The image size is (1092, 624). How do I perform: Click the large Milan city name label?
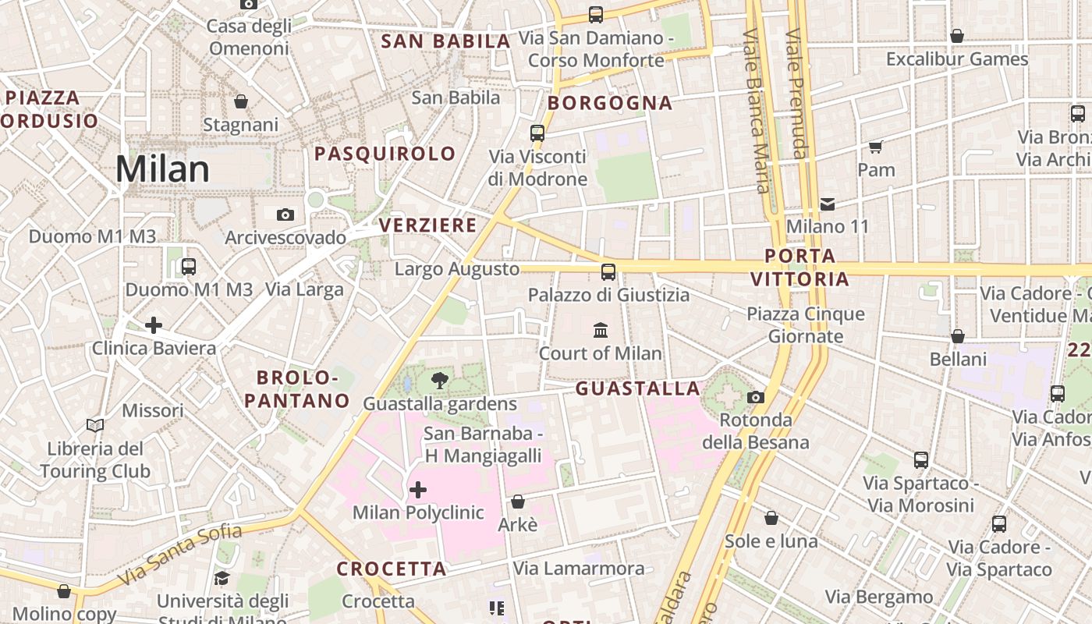tap(162, 169)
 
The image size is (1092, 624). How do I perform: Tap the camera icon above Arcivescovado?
tap(285, 214)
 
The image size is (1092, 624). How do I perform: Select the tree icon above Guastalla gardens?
tap(440, 381)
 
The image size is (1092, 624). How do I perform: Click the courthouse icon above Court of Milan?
tap(601, 330)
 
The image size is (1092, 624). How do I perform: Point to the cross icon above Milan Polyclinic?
tap(418, 490)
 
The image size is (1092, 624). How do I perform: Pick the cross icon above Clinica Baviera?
tap(154, 324)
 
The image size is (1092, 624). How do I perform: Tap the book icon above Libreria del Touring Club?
tap(95, 426)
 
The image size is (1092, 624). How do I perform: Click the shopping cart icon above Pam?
tap(876, 147)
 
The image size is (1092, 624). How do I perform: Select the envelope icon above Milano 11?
tap(828, 204)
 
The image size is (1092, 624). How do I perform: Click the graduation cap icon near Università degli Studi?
tap(222, 578)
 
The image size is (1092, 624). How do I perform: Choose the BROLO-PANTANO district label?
tap(296, 389)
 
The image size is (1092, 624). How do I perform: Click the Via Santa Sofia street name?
tap(180, 555)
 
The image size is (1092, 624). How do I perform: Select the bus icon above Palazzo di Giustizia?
tap(608, 271)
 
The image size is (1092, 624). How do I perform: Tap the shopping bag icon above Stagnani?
tap(241, 101)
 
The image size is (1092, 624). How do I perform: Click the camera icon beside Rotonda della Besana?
tap(755, 398)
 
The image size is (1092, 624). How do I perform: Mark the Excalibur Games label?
tap(957, 59)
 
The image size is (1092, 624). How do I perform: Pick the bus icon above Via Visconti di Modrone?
tap(537, 133)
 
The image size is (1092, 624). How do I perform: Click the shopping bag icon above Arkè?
tap(518, 502)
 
